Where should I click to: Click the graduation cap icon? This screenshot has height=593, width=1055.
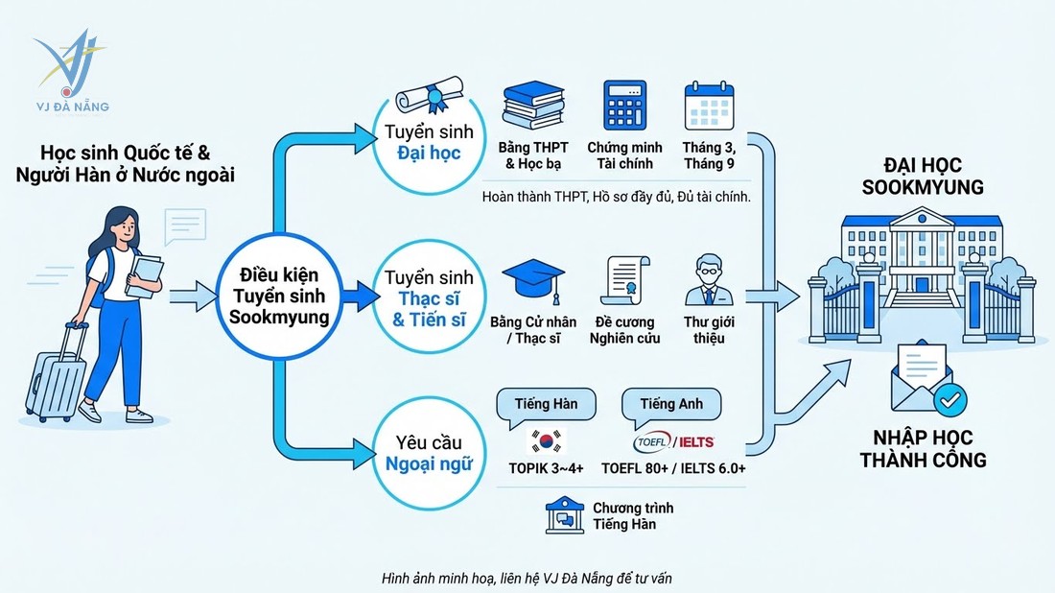531,280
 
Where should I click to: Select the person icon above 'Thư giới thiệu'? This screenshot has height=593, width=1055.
710,279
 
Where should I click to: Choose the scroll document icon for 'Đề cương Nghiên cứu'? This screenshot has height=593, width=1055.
626,280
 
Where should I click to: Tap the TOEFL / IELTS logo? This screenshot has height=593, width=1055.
673,442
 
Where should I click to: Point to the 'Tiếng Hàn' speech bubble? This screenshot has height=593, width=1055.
546,405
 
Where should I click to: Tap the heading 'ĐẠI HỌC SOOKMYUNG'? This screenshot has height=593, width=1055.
923,178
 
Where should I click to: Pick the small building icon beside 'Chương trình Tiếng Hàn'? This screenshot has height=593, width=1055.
563,516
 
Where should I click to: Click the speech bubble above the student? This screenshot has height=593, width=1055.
184,227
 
